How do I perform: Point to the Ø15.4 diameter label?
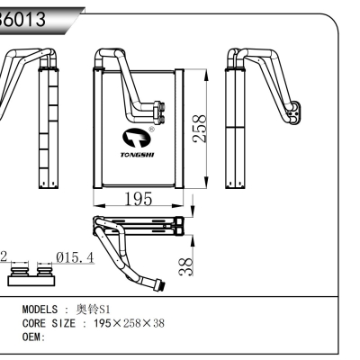coord(76,257)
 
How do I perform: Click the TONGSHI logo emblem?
coord(135,138)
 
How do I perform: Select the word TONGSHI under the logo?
coord(136,155)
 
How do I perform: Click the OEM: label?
coord(33,337)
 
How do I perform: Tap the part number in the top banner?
coord(27,15)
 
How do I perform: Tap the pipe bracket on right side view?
coord(290,112)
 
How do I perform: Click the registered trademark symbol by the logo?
coord(150,129)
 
